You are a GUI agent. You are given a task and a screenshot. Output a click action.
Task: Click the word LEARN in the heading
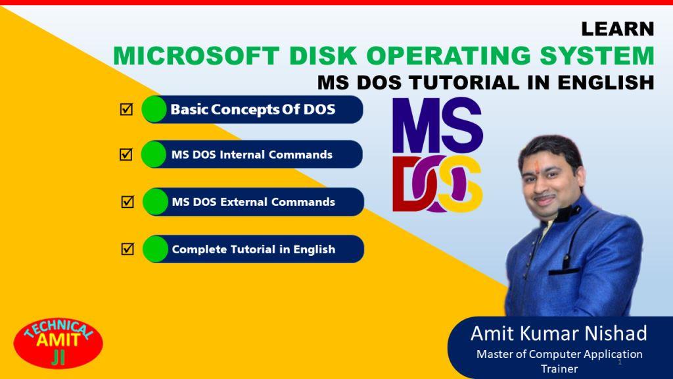click(618, 29)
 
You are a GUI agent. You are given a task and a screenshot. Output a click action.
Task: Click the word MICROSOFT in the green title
click(196, 56)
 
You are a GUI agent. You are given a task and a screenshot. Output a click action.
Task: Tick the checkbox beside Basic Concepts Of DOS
click(126, 109)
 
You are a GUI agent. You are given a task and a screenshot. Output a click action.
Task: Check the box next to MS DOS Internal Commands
click(126, 154)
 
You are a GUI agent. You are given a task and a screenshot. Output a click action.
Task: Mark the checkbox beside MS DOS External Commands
click(128, 201)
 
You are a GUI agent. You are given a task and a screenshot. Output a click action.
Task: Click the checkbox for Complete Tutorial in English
click(128, 248)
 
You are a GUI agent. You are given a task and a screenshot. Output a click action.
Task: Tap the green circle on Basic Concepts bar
click(154, 109)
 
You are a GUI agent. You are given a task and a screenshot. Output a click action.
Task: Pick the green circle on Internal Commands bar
click(153, 154)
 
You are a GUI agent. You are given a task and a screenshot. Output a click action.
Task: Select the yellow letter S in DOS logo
click(461, 184)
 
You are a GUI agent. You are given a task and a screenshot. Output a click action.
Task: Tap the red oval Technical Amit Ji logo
click(58, 343)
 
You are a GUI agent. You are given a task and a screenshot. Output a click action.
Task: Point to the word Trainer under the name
click(559, 368)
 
